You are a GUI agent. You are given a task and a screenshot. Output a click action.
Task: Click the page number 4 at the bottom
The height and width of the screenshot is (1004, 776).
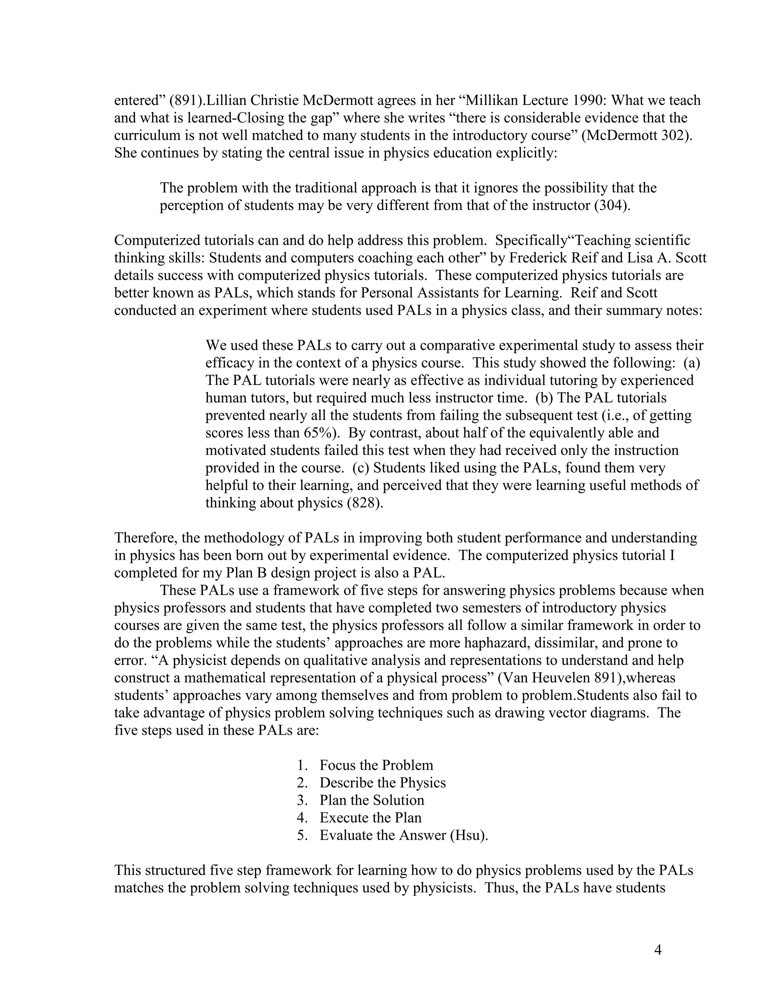[x=657, y=950]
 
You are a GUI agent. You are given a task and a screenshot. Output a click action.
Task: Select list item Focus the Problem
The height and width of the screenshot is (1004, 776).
[x=376, y=765]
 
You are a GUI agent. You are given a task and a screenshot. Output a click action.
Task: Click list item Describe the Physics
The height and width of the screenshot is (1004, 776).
[x=382, y=782]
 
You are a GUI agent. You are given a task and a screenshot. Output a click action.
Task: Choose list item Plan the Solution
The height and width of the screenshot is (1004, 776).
[x=371, y=800]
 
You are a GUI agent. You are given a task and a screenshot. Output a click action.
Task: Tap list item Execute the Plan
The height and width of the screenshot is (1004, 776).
[x=370, y=817]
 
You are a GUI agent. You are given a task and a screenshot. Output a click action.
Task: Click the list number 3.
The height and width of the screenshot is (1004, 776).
[x=301, y=800]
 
